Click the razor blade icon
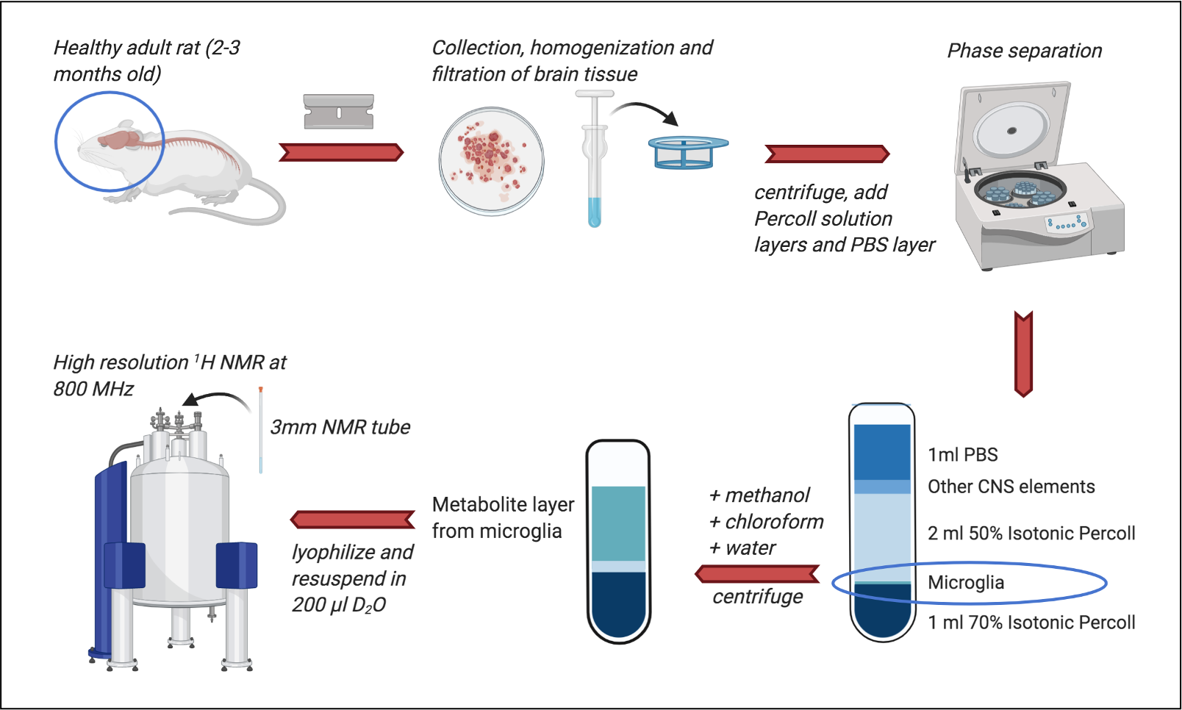tap(339, 112)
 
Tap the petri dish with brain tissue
tap(491, 161)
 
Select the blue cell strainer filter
tap(688, 151)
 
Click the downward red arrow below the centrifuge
tap(1023, 354)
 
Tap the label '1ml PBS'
tap(962, 455)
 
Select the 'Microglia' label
tap(965, 583)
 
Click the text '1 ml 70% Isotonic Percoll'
tap(1031, 623)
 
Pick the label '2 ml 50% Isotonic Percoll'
tap(1031, 533)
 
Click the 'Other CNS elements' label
tap(1011, 487)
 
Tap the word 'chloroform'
tap(774, 522)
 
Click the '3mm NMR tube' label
tap(340, 427)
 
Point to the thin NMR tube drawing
tap(260, 430)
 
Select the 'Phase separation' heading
tap(1024, 51)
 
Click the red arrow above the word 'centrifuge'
tap(757, 573)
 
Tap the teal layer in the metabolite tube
tap(618, 523)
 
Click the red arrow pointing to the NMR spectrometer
tap(353, 520)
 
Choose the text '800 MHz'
tap(93, 389)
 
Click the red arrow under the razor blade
tap(341, 152)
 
